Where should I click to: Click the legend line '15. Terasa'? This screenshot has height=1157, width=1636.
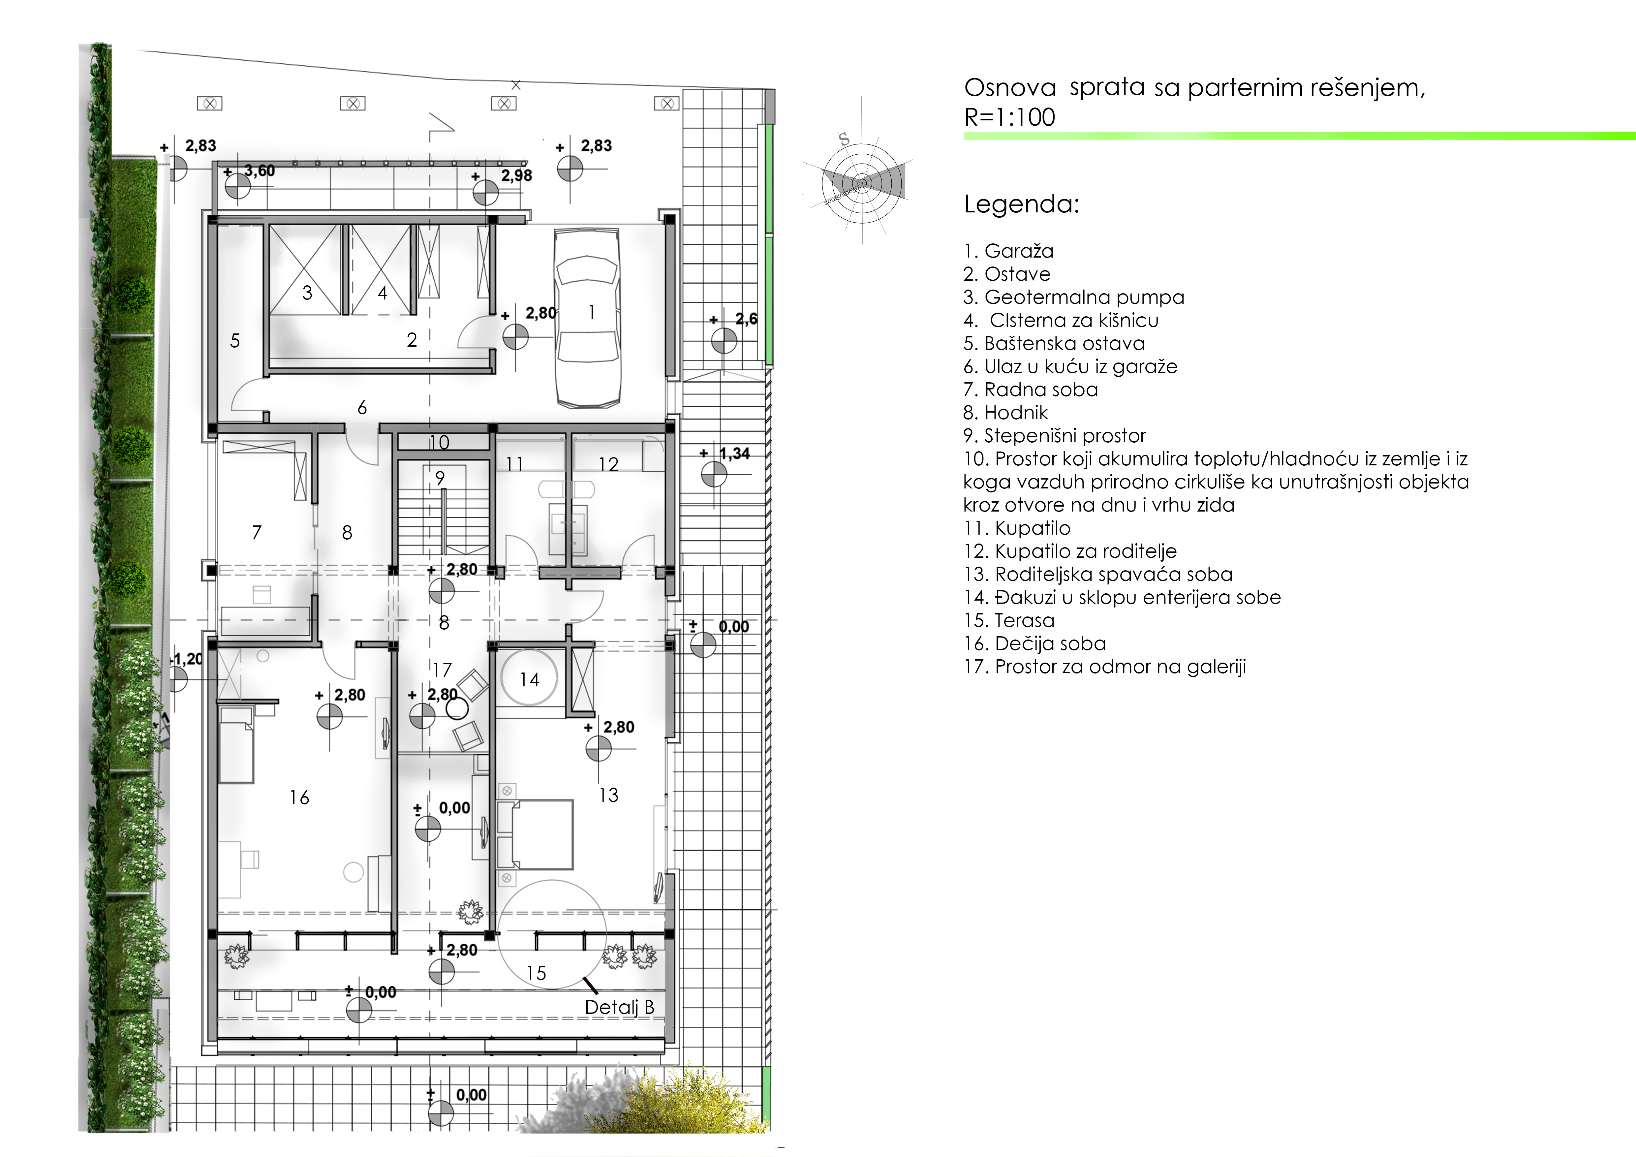tap(1009, 620)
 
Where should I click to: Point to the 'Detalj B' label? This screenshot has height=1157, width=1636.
tap(619, 1007)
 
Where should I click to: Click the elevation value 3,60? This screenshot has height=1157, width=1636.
tap(259, 171)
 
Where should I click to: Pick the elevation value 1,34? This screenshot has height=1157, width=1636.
tap(735, 454)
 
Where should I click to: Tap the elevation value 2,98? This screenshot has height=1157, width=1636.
tap(517, 175)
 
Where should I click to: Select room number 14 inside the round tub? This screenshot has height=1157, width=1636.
tap(529, 680)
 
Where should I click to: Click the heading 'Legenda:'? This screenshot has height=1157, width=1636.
tap(1022, 204)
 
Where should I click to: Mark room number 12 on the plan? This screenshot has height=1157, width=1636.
tap(608, 464)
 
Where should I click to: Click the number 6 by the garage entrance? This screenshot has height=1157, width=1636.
tap(362, 408)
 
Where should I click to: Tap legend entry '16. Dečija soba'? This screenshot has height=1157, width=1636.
tap(1034, 644)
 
